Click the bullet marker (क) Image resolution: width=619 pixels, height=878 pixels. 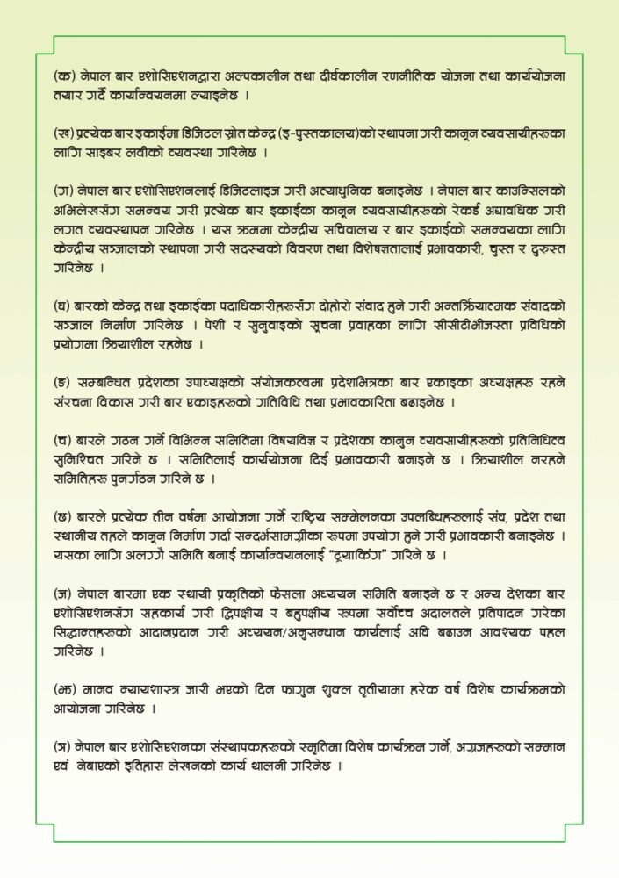coord(63,79)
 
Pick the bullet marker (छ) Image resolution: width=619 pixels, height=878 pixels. coord(63,512)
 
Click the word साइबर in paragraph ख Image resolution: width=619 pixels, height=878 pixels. coord(104,152)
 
